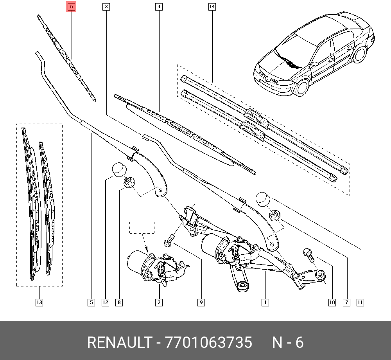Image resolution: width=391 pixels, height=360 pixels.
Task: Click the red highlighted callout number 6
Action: pyautogui.click(x=71, y=7)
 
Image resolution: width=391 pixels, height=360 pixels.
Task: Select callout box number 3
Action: pyautogui.click(x=106, y=7)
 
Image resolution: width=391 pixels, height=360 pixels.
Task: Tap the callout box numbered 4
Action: pyautogui.click(x=158, y=7)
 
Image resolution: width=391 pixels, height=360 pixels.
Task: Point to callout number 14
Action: pyautogui.click(x=212, y=7)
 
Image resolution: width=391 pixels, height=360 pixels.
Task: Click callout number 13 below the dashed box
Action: pyautogui.click(x=39, y=302)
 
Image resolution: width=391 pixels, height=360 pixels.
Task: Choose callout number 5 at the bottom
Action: pyautogui.click(x=91, y=302)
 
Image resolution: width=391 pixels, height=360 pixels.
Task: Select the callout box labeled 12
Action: pyautogui.click(x=105, y=302)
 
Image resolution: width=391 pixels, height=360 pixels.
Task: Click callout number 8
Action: pyautogui.click(x=119, y=302)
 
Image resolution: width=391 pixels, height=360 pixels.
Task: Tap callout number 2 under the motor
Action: pyautogui.click(x=159, y=302)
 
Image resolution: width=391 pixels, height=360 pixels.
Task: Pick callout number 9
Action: pyautogui.click(x=201, y=302)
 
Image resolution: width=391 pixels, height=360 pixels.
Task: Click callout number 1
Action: pyautogui.click(x=265, y=302)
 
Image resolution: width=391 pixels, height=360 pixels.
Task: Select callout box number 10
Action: pyautogui.click(x=332, y=302)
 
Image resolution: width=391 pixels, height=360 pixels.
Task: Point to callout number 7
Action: pyautogui.click(x=346, y=302)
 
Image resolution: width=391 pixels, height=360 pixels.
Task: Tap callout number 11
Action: pyautogui.click(x=360, y=302)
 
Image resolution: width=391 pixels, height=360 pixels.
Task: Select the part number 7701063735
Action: pyautogui.click(x=209, y=343)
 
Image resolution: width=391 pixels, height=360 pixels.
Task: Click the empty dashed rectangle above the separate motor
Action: pyautogui.click(x=142, y=228)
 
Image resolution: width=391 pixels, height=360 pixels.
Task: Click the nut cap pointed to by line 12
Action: pyautogui.click(x=120, y=169)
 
